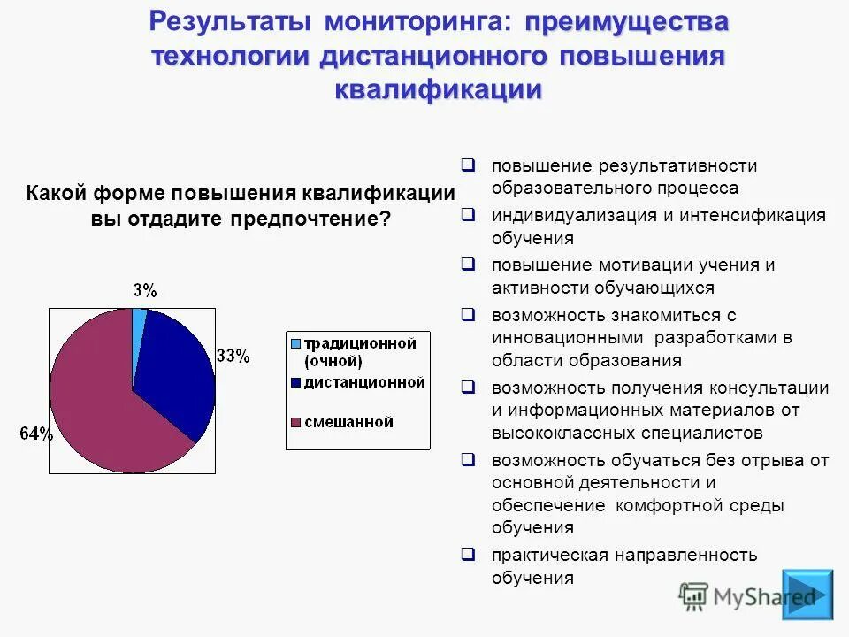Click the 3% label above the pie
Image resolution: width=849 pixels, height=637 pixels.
[x=145, y=290]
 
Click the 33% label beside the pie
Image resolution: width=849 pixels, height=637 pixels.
[x=233, y=357]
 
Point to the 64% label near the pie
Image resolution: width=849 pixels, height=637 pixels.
[x=36, y=434]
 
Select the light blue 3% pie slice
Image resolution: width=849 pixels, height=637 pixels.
[x=138, y=320]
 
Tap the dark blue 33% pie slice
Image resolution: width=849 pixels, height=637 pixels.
[x=177, y=372]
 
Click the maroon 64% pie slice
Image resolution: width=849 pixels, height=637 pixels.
[x=97, y=398]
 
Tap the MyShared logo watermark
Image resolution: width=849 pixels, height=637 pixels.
[x=747, y=597]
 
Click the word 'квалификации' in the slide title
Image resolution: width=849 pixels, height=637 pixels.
[x=438, y=89]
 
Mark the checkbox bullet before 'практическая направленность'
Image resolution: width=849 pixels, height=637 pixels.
[x=469, y=555]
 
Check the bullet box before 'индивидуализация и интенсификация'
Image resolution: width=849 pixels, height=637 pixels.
[x=469, y=215]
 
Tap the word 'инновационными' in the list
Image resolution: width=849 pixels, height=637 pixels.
[x=567, y=337]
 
